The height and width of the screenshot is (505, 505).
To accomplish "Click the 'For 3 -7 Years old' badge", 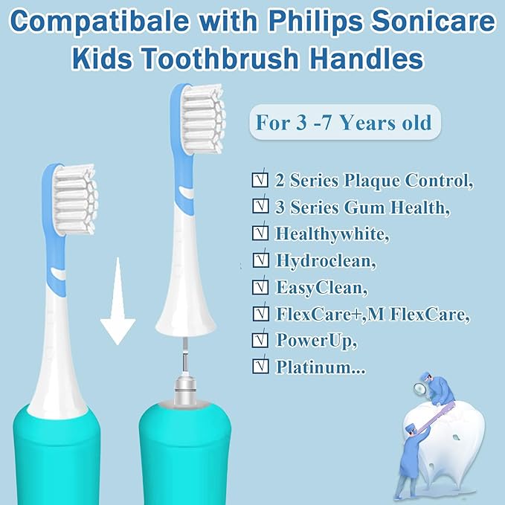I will [344, 121].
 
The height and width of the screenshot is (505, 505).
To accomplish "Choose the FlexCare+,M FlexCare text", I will [373, 313].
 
